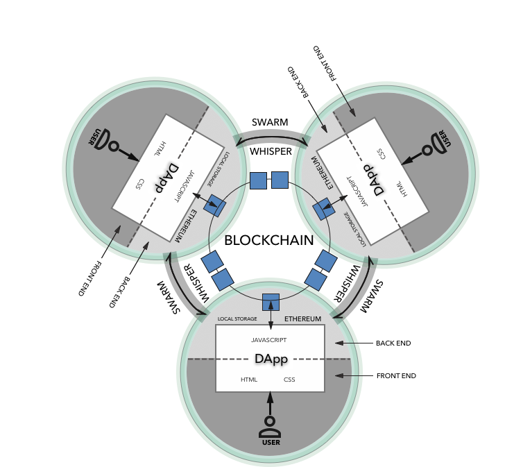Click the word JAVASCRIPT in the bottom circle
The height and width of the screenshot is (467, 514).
click(x=268, y=341)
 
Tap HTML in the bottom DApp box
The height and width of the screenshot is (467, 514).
click(x=249, y=380)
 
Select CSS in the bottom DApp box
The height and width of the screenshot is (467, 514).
click(x=289, y=380)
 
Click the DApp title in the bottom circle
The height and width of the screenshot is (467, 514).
click(x=271, y=359)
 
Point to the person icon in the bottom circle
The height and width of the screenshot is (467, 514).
click(x=270, y=425)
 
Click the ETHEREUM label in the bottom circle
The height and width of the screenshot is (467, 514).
click(x=302, y=319)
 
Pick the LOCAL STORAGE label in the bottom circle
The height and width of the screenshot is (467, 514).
click(x=237, y=319)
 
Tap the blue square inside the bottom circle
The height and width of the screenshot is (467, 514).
click(x=271, y=302)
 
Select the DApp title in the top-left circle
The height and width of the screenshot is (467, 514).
click(x=166, y=178)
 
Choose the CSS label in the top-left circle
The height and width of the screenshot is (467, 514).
click(x=140, y=184)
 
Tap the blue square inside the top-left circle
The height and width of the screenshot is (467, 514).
click(x=216, y=205)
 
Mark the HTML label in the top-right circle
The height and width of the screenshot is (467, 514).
click(x=402, y=189)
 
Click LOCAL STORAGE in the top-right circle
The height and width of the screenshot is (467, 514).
click(x=354, y=229)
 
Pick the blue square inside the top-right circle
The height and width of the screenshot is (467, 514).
click(x=323, y=209)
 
